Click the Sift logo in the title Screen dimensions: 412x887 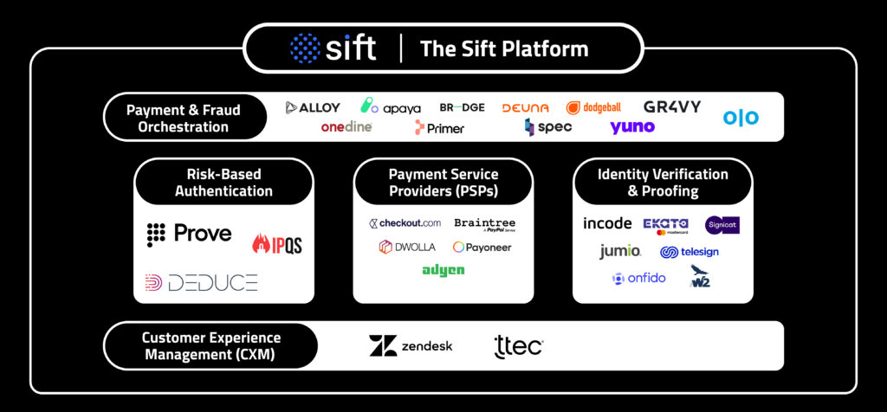[x=333, y=48]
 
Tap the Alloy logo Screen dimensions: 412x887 [x=313, y=107]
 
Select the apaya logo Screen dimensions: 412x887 [x=391, y=107]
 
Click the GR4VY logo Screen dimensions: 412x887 [x=672, y=106]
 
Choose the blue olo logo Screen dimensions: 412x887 [x=741, y=117]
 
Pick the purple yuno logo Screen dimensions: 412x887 [x=632, y=127]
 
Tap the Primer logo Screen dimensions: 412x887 [x=439, y=128]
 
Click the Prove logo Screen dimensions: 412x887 [x=189, y=233]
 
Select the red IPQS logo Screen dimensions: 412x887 [x=277, y=244]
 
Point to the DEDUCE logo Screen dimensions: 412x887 [x=201, y=282]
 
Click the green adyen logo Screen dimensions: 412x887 [x=443, y=270]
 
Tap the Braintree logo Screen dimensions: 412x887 [x=484, y=224]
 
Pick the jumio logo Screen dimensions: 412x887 [x=620, y=252]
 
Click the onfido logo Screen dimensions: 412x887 [x=638, y=278]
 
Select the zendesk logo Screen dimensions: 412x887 [x=411, y=346]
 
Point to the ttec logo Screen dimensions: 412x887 [x=518, y=346]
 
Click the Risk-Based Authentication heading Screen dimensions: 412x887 [x=223, y=183]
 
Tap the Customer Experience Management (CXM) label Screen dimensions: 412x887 [x=211, y=345]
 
